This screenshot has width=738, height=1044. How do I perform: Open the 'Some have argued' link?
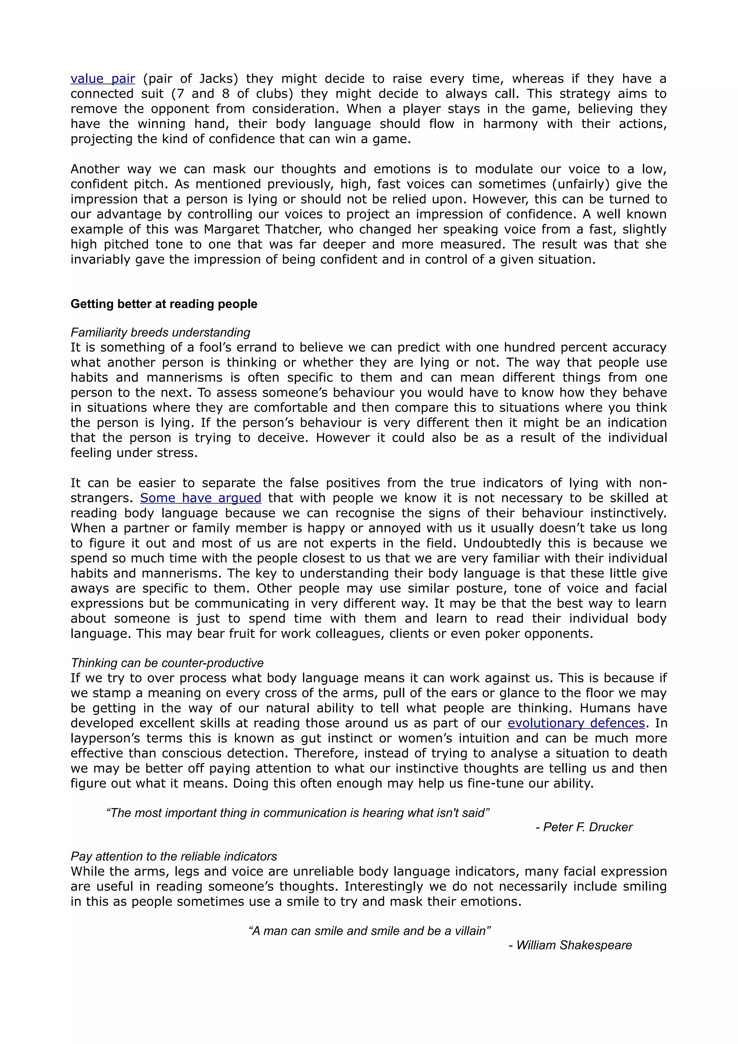click(x=200, y=498)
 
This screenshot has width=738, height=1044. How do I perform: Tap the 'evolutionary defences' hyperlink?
click(x=576, y=723)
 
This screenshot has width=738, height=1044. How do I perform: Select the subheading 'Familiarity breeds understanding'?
click(x=160, y=333)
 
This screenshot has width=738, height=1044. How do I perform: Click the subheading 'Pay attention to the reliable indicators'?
click(x=174, y=857)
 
